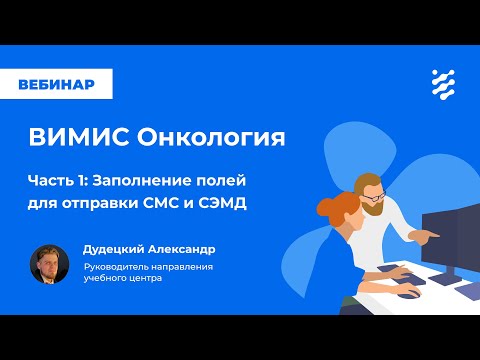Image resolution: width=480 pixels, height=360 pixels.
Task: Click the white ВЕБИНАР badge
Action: (56, 84)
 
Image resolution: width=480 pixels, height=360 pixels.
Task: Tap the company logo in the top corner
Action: (439, 84)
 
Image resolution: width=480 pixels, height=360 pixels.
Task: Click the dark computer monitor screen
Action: (448, 235)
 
